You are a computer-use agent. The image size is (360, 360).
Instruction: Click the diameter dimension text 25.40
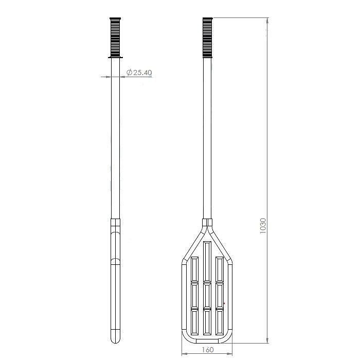tap(142, 73)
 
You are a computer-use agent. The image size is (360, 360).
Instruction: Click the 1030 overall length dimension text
tap(263, 226)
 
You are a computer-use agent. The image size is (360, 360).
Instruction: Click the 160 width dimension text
tap(208, 350)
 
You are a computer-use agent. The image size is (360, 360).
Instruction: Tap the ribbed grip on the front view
tap(208, 37)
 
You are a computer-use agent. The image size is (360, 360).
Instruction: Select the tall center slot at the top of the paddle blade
tap(207, 261)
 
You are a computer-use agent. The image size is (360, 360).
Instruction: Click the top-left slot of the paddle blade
tap(194, 269)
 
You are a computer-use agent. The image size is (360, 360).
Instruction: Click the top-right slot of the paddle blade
tap(220, 269)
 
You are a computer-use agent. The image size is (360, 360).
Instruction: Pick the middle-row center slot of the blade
tap(207, 296)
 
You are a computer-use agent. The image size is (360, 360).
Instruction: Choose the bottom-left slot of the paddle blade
tap(194, 322)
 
